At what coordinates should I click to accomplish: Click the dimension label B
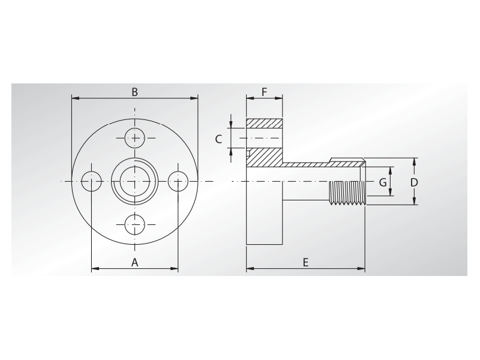pyautogui.click(x=135, y=92)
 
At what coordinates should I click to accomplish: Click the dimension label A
pyautogui.click(x=134, y=262)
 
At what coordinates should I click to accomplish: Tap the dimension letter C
pyautogui.click(x=219, y=139)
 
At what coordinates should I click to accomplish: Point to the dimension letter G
pyautogui.click(x=382, y=182)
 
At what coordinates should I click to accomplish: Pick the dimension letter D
pyautogui.click(x=414, y=182)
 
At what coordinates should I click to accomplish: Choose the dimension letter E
pyautogui.click(x=305, y=262)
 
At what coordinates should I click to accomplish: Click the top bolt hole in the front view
pyautogui.click(x=135, y=138)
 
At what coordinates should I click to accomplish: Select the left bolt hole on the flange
pyautogui.click(x=92, y=181)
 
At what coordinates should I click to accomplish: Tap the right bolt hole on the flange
pyautogui.click(x=178, y=181)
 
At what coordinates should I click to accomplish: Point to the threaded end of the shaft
pyautogui.click(x=347, y=193)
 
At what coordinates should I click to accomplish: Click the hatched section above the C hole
pyautogui.click(x=265, y=123)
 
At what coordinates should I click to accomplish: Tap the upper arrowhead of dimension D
pyautogui.click(x=415, y=161)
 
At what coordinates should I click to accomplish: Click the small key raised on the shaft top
pyautogui.click(x=346, y=160)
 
